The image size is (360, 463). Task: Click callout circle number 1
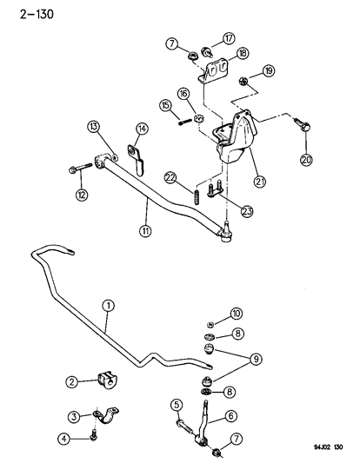[x=108, y=305]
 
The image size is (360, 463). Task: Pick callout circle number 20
[x=305, y=159]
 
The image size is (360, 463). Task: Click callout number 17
[x=230, y=38]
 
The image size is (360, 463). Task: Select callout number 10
[x=236, y=313]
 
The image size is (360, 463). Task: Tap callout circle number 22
[x=171, y=177]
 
